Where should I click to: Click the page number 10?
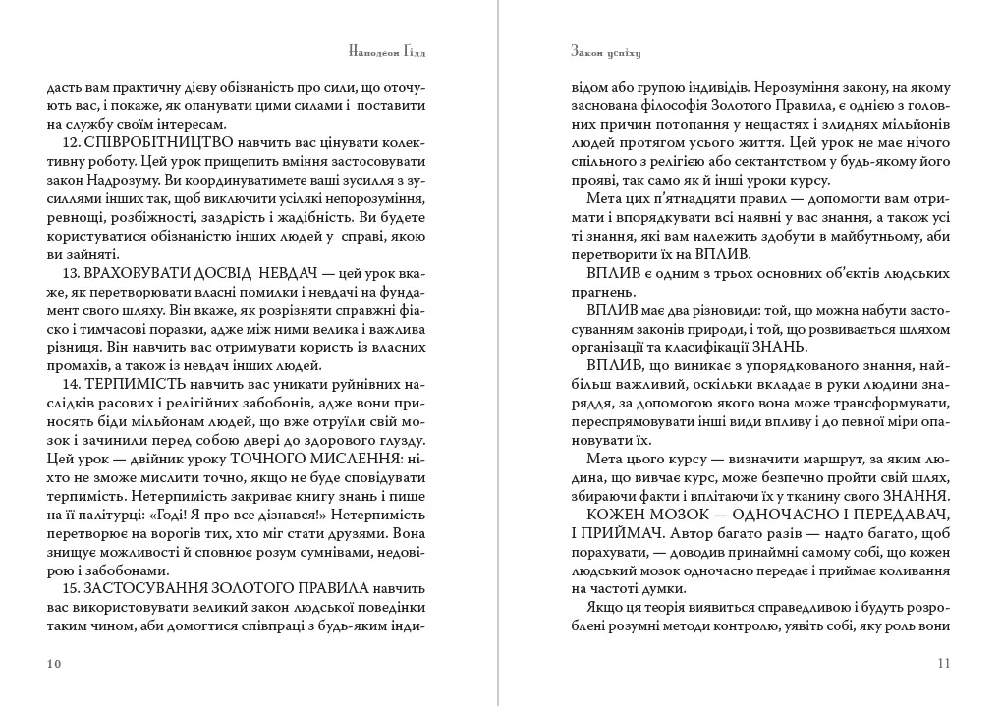pyautogui.click(x=54, y=664)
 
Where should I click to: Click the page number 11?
pyautogui.click(x=944, y=664)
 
